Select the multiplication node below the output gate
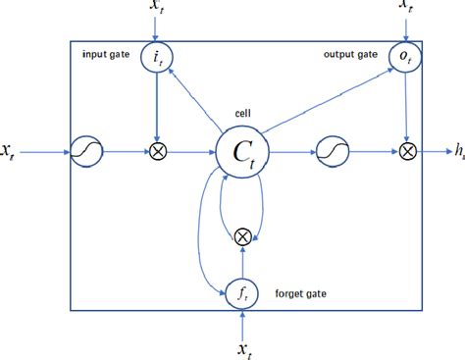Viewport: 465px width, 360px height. [406, 152]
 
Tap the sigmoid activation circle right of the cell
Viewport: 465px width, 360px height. [330, 152]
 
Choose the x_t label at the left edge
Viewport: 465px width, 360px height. [12, 152]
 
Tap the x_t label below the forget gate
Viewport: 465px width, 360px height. [240, 346]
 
